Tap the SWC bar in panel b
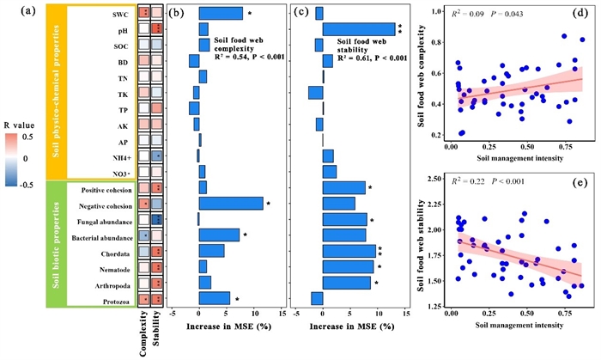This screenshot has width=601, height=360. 221,14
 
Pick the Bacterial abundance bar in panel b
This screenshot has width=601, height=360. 219,235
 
